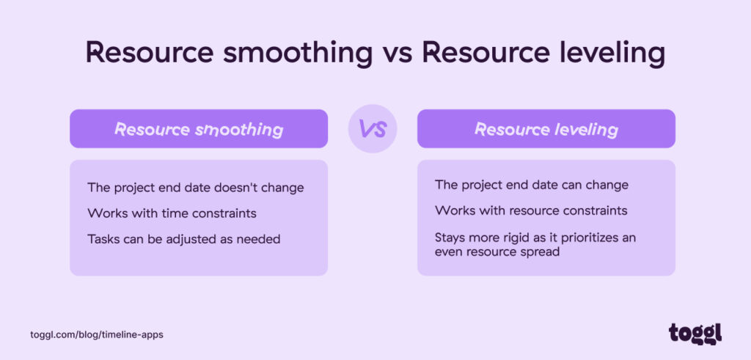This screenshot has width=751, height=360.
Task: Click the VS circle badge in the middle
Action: tap(372, 129)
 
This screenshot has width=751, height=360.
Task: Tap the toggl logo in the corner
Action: tap(695, 333)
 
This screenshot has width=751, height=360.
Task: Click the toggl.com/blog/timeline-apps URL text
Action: tap(97, 334)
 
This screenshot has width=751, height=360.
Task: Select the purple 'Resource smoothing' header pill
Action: tap(198, 129)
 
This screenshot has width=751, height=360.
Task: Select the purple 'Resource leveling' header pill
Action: tap(546, 129)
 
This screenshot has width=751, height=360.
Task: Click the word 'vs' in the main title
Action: tap(397, 54)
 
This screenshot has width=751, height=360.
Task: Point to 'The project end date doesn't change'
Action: tap(195, 188)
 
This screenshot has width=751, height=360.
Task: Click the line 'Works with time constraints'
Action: tap(172, 213)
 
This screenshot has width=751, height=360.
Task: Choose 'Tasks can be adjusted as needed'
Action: tap(183, 239)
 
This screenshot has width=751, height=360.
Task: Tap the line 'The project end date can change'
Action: tap(532, 185)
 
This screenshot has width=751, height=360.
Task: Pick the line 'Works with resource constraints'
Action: tap(531, 210)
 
